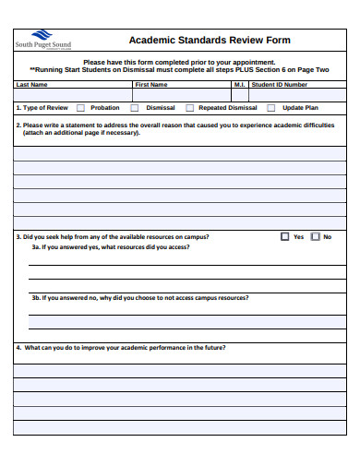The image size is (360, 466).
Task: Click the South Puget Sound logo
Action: (42, 40)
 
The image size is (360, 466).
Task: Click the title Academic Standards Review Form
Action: (209, 41)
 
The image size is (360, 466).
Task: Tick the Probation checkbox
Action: (79, 108)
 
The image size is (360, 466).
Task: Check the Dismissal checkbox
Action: (135, 108)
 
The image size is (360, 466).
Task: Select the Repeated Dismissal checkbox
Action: (189, 108)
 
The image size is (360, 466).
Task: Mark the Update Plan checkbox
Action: (270, 108)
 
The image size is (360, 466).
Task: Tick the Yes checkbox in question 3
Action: (284, 236)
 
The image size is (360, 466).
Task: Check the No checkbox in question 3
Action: (315, 236)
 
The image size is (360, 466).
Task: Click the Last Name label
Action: (31, 84)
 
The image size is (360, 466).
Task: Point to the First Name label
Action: (151, 84)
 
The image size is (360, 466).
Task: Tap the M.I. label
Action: (239, 84)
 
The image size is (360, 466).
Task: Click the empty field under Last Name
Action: (72, 94)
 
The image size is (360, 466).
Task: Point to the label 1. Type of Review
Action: (42, 108)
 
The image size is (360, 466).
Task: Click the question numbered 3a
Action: (110, 247)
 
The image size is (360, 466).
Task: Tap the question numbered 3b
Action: (139, 298)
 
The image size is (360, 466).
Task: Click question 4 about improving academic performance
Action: (120, 348)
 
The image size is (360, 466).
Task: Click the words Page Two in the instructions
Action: (313, 69)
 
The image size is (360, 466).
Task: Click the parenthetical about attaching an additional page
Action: (81, 132)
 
